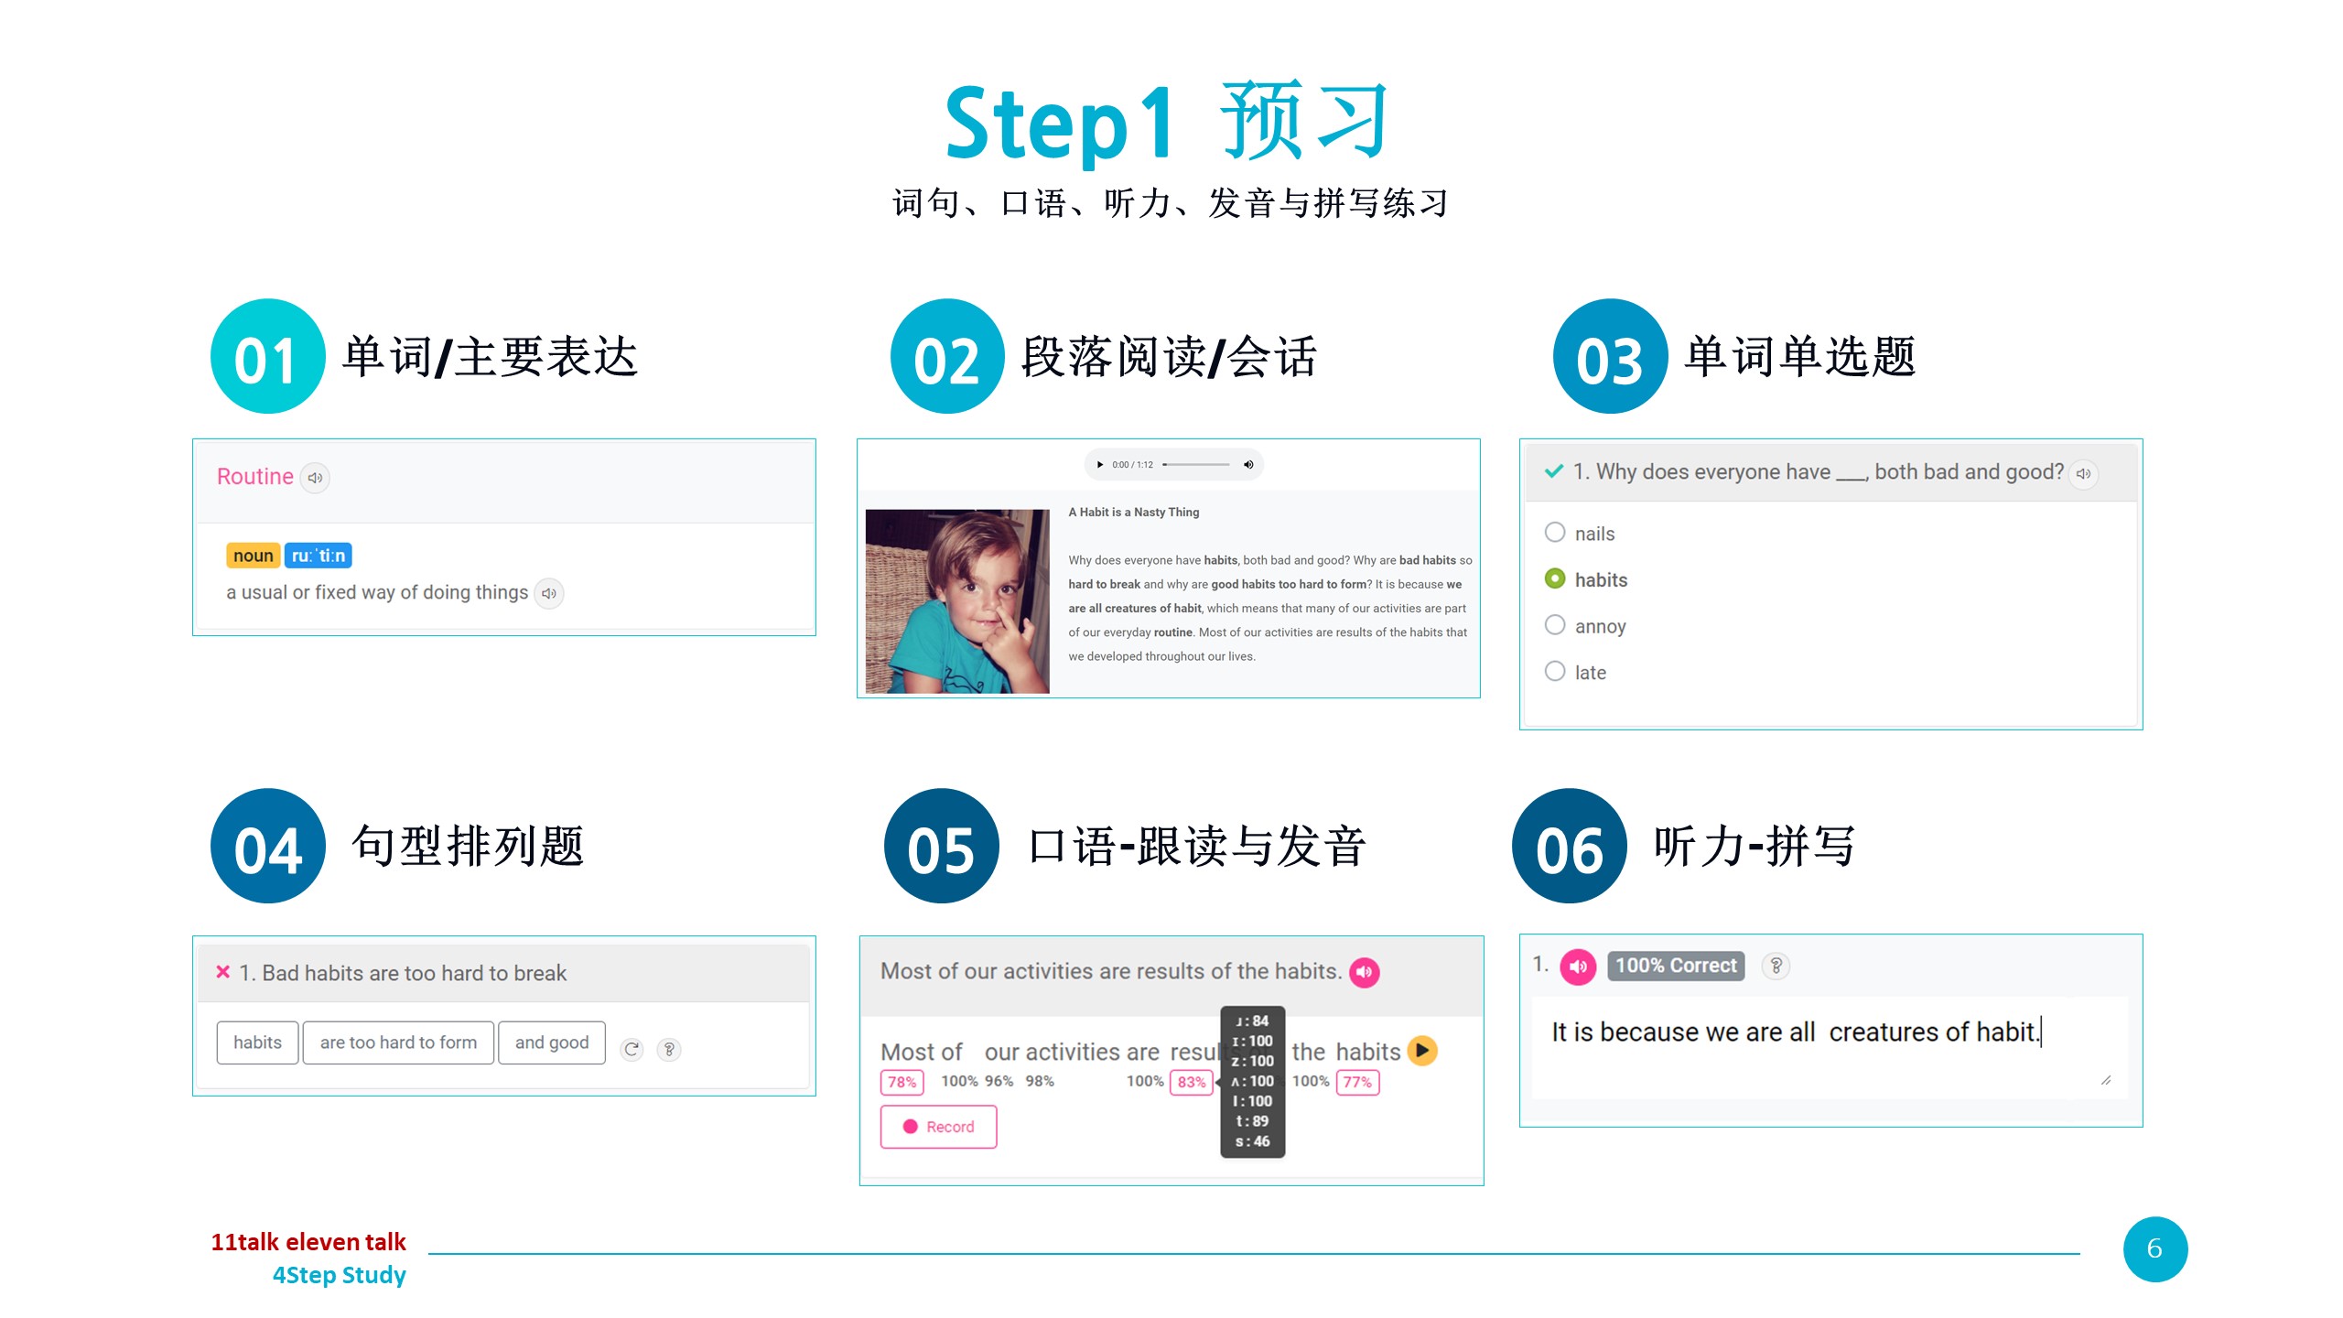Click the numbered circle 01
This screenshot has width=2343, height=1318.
coord(267,356)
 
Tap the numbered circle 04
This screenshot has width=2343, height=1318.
coord(267,846)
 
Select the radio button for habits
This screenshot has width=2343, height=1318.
coord(1554,578)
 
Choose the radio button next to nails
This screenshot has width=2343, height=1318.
coord(1554,532)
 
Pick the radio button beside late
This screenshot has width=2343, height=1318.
coord(1554,671)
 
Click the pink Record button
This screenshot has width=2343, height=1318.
coord(938,1127)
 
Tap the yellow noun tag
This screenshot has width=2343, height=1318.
coord(253,556)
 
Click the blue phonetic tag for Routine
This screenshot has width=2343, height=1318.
coord(318,556)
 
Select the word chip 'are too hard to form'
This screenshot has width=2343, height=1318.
coord(398,1043)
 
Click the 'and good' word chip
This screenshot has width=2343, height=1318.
coord(552,1043)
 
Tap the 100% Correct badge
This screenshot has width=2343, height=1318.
coord(1676,966)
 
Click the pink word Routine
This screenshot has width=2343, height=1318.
coord(254,476)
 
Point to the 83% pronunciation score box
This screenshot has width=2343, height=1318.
coord(1191,1082)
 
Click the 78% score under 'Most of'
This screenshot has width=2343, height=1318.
coord(902,1082)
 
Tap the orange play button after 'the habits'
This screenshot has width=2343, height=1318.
coord(1422,1050)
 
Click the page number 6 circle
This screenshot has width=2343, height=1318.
coord(2154,1248)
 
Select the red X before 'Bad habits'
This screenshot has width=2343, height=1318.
coord(222,972)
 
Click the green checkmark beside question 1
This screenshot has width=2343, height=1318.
coord(1553,471)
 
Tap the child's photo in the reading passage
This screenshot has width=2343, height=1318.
coord(957,601)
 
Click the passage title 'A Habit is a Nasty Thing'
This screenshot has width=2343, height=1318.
coord(1133,513)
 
